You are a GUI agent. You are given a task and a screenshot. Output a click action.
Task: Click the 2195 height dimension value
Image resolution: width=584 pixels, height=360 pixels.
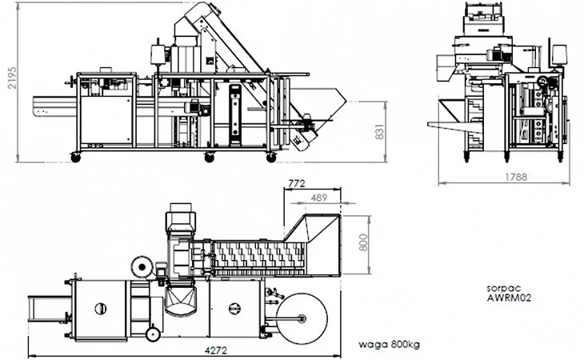click(12, 78)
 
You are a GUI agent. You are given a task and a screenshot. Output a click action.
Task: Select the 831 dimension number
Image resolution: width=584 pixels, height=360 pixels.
click(379, 132)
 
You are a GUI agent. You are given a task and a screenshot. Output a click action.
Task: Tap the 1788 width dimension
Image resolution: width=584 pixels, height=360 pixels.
click(516, 177)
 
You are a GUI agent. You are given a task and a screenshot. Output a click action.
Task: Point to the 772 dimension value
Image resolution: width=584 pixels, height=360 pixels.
click(297, 183)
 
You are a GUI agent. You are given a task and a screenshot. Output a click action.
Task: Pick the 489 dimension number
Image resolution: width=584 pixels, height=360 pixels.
click(319, 198)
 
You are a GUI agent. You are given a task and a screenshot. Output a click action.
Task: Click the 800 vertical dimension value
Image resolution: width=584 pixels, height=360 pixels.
click(363, 242)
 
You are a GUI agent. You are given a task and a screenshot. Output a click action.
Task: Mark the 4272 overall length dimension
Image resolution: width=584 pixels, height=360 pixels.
click(216, 350)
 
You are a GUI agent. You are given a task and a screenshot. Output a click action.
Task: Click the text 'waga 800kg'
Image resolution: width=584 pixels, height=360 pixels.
click(389, 344)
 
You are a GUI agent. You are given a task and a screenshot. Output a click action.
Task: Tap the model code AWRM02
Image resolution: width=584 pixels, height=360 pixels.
click(509, 298)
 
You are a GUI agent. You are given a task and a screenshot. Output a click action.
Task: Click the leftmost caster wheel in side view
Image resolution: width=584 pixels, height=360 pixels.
click(76, 158)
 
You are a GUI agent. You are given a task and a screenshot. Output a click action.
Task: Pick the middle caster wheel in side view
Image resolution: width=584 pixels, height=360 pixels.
click(210, 158)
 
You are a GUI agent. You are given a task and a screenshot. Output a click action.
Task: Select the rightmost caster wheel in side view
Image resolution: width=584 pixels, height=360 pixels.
click(271, 158)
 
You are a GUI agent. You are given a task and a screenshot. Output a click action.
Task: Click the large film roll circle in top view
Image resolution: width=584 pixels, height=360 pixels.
click(302, 318)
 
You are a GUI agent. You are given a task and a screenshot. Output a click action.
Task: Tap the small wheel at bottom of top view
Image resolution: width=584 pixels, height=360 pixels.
click(153, 334)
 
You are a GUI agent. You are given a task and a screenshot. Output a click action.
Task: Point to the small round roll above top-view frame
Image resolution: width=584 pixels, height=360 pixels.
click(142, 267)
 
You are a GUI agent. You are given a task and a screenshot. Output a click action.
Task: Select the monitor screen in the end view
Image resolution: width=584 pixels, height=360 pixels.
click(559, 54)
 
